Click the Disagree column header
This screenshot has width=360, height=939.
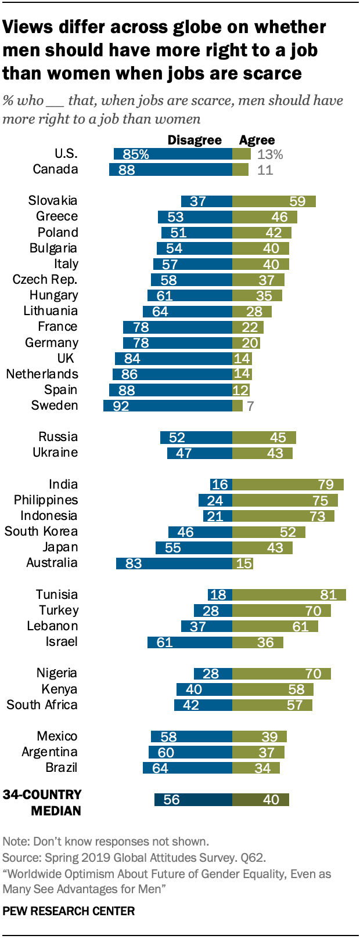(x=195, y=140)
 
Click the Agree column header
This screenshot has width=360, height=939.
(x=257, y=140)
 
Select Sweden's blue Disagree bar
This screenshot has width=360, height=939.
(x=168, y=406)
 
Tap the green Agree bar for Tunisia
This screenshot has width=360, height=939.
(x=289, y=594)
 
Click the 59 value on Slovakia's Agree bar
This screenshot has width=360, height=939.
(x=297, y=201)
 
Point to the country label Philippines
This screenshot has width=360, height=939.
(x=46, y=500)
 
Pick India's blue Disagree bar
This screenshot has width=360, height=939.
(x=221, y=485)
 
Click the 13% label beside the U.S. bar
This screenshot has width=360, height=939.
(x=270, y=154)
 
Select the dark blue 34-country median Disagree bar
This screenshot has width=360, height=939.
(x=193, y=800)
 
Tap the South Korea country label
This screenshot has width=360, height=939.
(x=41, y=531)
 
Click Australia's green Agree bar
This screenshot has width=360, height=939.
(x=243, y=563)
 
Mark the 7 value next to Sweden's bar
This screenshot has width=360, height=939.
(x=250, y=406)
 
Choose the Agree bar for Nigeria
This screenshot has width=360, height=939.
(x=282, y=673)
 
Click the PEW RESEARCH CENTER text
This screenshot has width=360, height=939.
(x=69, y=911)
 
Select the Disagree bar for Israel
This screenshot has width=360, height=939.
(x=190, y=642)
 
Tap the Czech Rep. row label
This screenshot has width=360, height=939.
(x=45, y=279)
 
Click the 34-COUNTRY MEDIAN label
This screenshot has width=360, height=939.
(x=42, y=803)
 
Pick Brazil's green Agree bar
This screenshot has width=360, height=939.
(x=256, y=768)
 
